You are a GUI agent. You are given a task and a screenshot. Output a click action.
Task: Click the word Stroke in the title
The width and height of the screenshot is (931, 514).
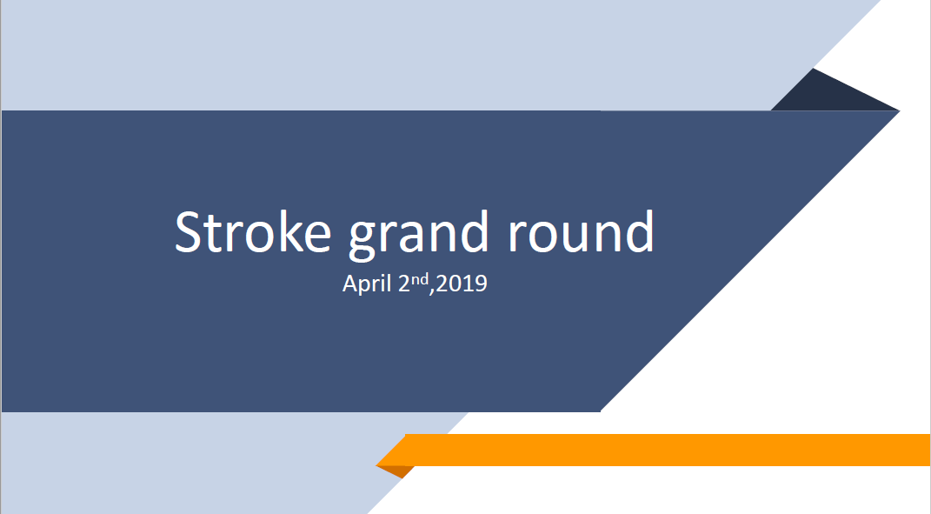coord(253,231)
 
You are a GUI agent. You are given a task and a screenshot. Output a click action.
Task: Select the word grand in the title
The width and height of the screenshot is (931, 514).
coord(419,236)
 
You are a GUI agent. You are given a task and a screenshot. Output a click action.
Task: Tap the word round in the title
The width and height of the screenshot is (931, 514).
coord(582,231)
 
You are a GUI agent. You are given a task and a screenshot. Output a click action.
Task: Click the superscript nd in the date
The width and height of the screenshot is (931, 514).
coord(421,279)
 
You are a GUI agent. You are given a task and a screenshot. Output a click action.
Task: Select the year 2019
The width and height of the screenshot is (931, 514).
coord(462,284)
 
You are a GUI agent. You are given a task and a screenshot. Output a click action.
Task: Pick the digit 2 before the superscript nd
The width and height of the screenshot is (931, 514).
coord(404,284)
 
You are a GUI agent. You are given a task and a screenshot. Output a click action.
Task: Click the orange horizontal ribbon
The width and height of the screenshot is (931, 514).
coord(653,450)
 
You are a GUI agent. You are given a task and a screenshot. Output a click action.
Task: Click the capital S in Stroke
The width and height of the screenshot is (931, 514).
coord(188,231)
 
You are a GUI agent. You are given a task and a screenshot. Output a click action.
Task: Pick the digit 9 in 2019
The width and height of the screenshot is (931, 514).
coord(481,284)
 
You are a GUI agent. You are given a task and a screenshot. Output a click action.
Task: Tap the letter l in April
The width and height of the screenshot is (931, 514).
coord(389,283)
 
